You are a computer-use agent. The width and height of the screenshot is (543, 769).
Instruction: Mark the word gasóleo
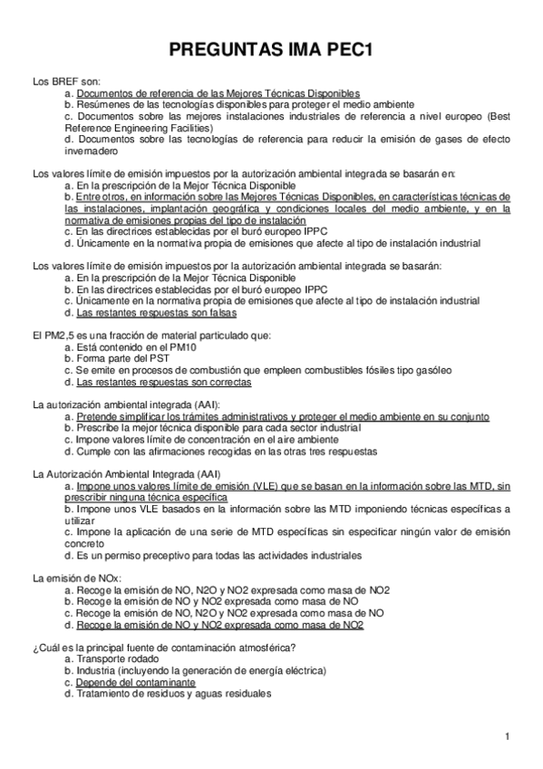[x=431, y=371]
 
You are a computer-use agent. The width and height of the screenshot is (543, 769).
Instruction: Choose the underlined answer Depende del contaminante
[x=136, y=683]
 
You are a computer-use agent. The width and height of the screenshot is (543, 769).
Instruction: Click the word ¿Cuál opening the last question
[x=46, y=647]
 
